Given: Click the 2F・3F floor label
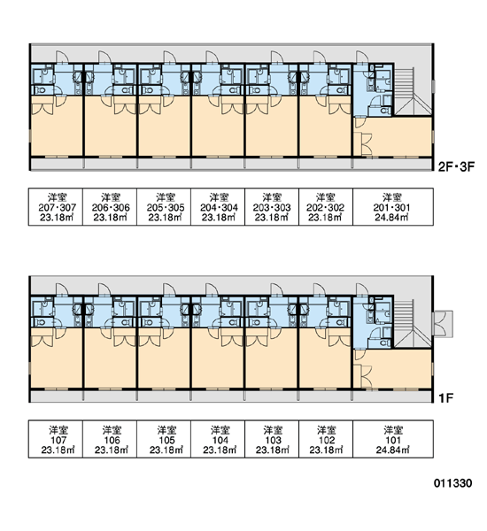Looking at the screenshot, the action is tap(456, 166).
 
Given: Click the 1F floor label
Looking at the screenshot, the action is tap(446, 398).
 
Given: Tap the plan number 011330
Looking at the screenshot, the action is tap(452, 483).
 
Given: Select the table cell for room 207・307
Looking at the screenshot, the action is tap(56, 206).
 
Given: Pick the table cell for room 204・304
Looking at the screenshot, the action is tap(218, 206).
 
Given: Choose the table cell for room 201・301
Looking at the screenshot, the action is tap(393, 206).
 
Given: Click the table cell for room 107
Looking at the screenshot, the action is tap(56, 439).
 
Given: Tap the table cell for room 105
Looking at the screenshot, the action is tap(164, 439).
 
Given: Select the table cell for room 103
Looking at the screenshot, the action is tap(272, 439).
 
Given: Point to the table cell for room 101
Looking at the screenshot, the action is tap(393, 439).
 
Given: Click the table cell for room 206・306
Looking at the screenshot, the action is tap(110, 206).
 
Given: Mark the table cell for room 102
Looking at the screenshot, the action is tap(326, 439).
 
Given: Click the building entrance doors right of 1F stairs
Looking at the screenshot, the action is tap(443, 323).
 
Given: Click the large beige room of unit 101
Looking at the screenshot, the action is tap(393, 368).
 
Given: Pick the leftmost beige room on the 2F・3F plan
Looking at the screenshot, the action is tap(57, 126).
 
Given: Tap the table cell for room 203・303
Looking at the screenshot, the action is tap(272, 206).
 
